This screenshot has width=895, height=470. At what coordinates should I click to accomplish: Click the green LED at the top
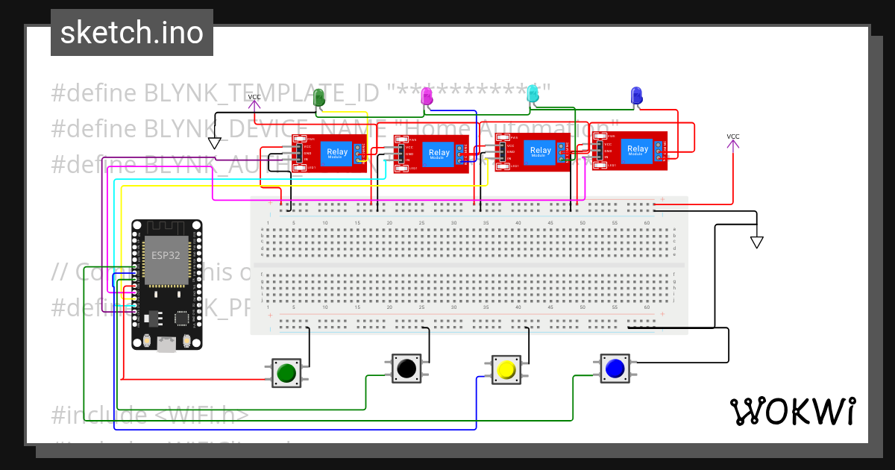click(x=319, y=97)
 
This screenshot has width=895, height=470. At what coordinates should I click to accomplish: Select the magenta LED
click(x=427, y=95)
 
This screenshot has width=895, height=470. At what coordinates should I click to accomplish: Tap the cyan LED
click(x=533, y=94)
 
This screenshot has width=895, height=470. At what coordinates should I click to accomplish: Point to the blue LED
click(x=636, y=95)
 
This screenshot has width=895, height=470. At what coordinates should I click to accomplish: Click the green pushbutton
click(x=286, y=372)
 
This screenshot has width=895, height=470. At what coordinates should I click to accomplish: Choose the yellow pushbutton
click(x=506, y=369)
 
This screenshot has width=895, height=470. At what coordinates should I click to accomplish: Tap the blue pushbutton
click(x=615, y=368)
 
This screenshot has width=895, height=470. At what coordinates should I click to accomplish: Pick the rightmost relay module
click(x=630, y=150)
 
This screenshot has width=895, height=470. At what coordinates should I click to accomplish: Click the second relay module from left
click(x=431, y=154)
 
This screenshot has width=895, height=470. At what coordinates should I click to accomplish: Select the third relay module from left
click(x=533, y=151)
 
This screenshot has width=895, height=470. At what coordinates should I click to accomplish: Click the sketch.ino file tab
click(x=132, y=33)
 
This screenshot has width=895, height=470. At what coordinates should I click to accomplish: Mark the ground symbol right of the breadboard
click(x=757, y=242)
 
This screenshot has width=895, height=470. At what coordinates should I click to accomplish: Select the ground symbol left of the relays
click(x=215, y=142)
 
